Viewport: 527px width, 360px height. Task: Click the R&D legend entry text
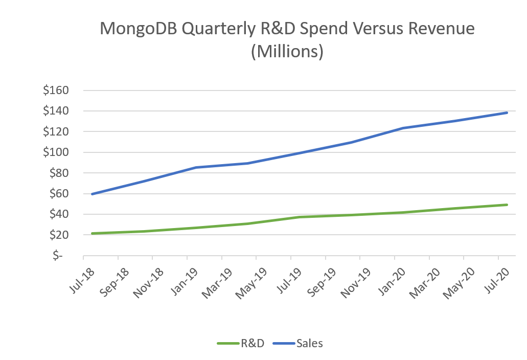(253, 343)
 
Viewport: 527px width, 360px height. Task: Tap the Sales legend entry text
(309, 343)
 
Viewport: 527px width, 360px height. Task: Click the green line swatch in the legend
(228, 344)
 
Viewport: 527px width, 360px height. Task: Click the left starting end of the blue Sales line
(91, 194)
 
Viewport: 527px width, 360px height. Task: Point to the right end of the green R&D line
(507, 205)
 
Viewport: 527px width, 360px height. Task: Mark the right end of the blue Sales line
(507, 112)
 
